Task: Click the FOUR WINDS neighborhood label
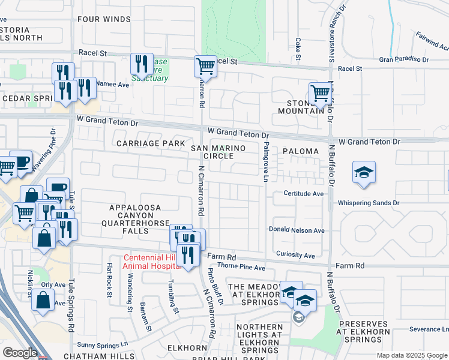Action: click(104, 19)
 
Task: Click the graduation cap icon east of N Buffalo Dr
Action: click(364, 173)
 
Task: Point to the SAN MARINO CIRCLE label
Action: click(212, 152)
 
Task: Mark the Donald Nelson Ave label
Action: click(297, 230)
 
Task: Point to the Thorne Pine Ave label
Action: click(241, 268)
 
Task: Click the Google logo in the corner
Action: click(20, 352)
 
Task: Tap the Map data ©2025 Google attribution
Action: click(411, 355)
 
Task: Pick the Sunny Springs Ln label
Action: click(103, 345)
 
